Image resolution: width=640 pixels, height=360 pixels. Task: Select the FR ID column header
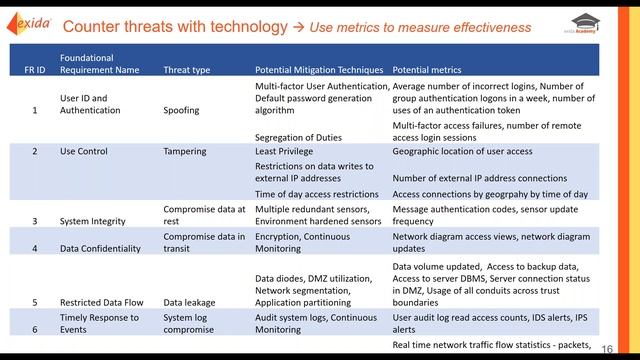(x=35, y=71)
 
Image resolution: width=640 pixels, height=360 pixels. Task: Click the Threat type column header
(x=187, y=71)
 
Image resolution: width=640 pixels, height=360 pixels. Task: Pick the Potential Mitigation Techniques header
(x=319, y=71)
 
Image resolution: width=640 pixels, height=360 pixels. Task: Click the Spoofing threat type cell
(x=182, y=111)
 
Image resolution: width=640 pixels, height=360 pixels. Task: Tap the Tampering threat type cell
(x=185, y=152)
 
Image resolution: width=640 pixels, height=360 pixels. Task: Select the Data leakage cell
(x=188, y=301)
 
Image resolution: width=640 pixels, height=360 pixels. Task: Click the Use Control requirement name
(x=83, y=152)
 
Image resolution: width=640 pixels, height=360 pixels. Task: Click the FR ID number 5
(x=35, y=301)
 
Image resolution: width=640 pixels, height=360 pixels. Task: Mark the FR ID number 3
(x=35, y=221)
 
